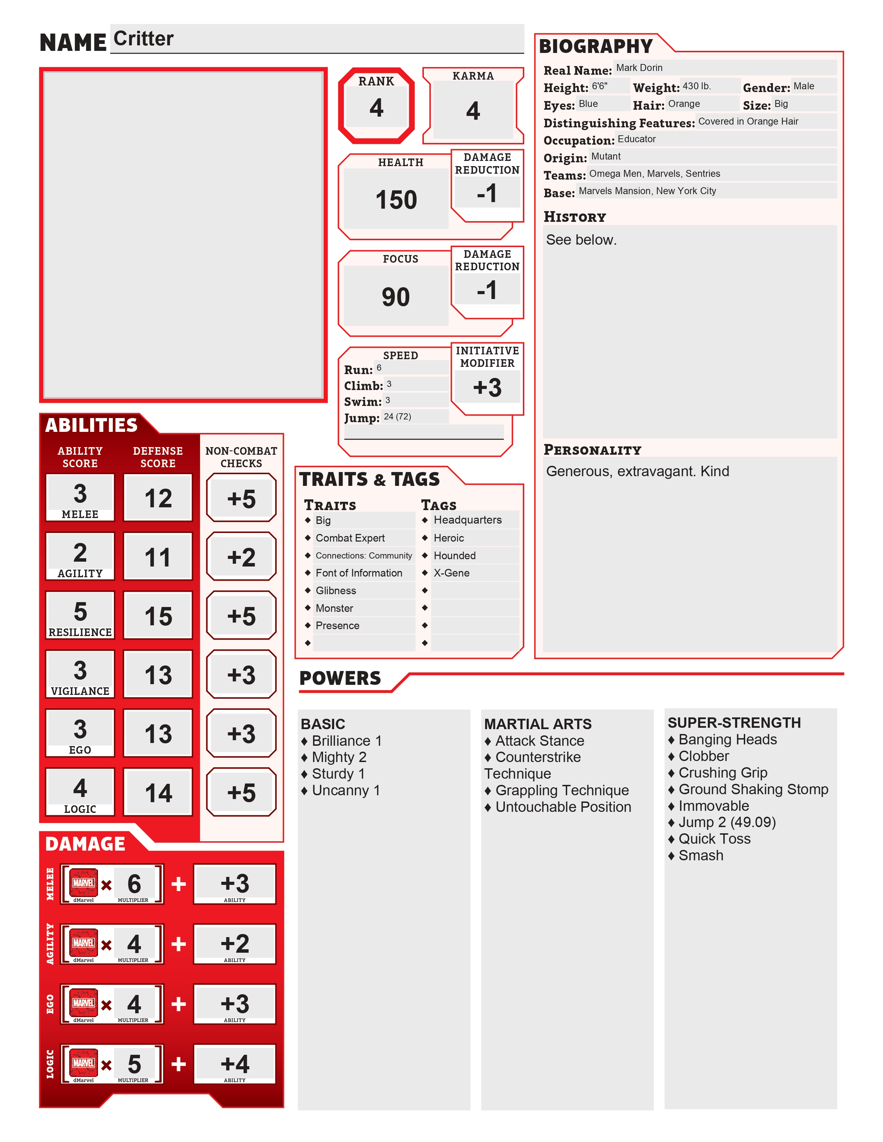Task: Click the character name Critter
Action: point(143,39)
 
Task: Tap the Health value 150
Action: point(396,200)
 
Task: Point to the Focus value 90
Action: point(395,297)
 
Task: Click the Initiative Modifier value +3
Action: point(487,388)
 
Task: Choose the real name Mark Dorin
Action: point(639,68)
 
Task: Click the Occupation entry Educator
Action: point(636,139)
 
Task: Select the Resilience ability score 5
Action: point(80,611)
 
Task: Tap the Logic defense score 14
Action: point(158,793)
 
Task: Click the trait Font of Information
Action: point(359,573)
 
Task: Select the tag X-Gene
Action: point(452,573)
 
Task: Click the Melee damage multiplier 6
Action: point(134,884)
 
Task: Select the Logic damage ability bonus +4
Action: point(235,1063)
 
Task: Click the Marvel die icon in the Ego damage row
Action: point(84,1003)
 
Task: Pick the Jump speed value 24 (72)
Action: point(398,417)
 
